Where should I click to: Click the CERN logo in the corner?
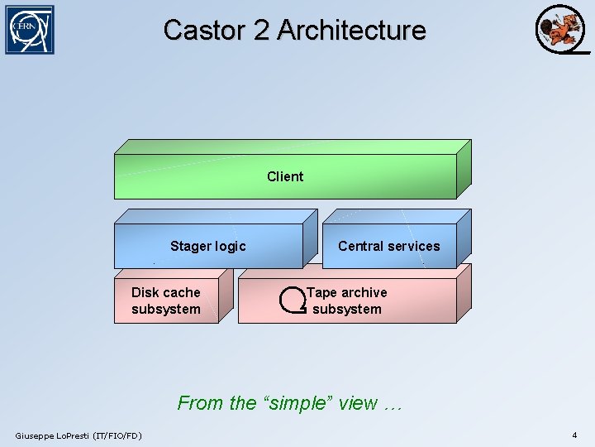29,30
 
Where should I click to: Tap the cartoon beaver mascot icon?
561,30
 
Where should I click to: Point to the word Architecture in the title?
351,30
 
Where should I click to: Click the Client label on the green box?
285,176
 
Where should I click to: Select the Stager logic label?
207,246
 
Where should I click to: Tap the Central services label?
388,246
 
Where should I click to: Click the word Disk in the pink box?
146,292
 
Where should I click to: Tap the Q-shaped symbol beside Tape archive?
293,300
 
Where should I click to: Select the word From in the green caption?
201,403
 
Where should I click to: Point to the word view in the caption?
357,403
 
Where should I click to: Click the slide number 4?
574,435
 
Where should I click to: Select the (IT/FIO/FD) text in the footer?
117,435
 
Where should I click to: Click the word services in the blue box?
414,246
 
